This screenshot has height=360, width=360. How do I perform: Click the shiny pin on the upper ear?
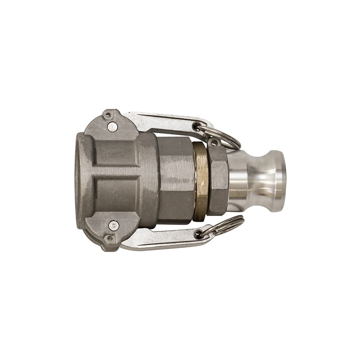pos(113,127)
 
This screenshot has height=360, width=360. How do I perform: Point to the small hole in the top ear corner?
pos(108,115)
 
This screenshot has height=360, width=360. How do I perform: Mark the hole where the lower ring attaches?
pos(198,234)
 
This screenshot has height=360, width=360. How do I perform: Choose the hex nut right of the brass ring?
pos(217,180)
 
